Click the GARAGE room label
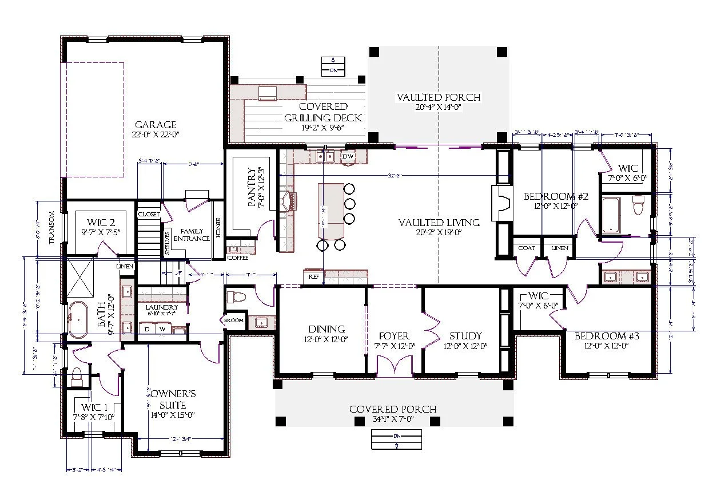pyautogui.click(x=155, y=125)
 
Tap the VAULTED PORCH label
pyautogui.click(x=439, y=97)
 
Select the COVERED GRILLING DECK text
pyautogui.click(x=324, y=112)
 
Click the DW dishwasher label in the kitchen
pyautogui.click(x=348, y=156)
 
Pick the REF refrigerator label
pyautogui.click(x=313, y=277)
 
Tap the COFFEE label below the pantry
pyautogui.click(x=237, y=258)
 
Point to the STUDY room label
pyautogui.click(x=465, y=336)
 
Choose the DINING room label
pyautogui.click(x=326, y=329)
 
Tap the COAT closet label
pyautogui.click(x=526, y=248)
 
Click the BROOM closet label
pyautogui.click(x=234, y=320)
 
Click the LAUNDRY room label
pyautogui.click(x=161, y=307)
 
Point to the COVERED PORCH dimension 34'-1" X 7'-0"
pyautogui.click(x=393, y=419)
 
